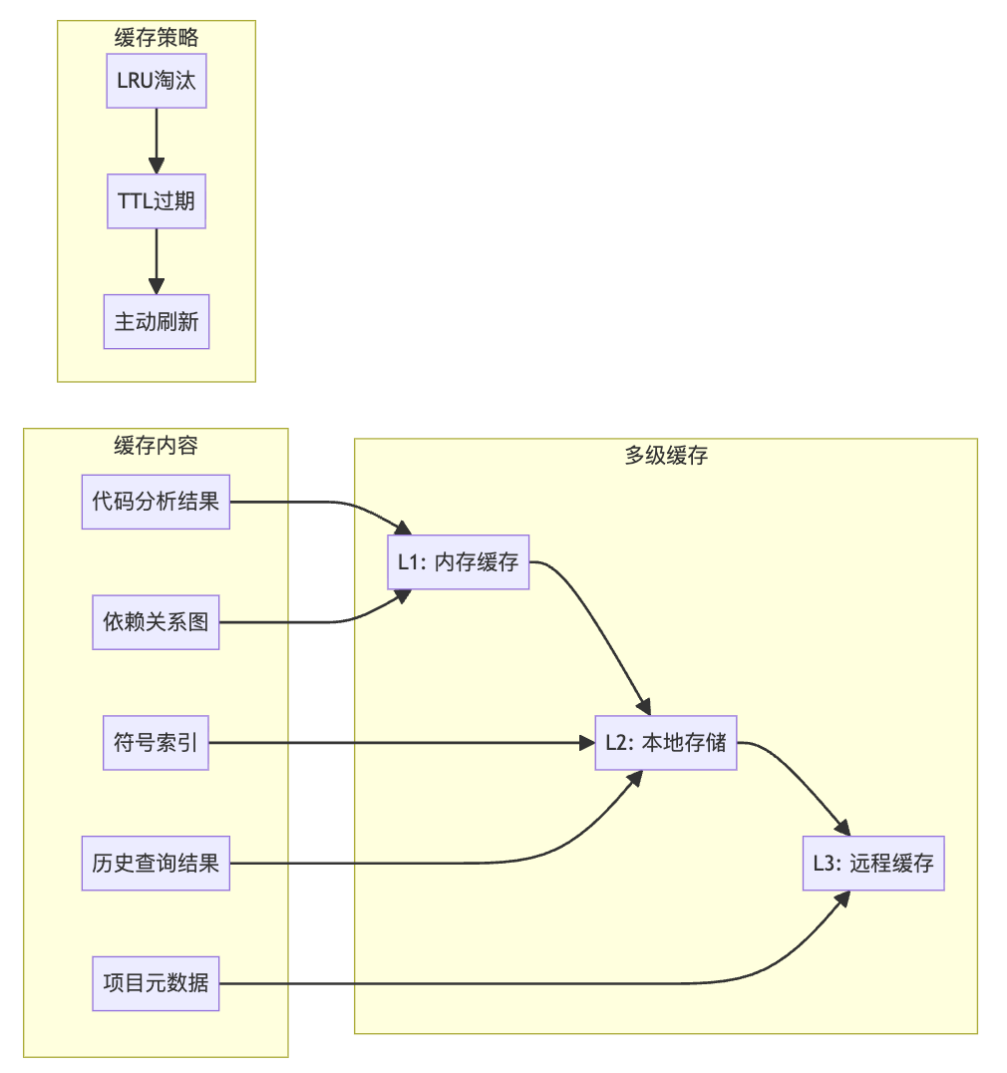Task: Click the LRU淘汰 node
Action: click(157, 82)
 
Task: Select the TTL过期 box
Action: click(157, 202)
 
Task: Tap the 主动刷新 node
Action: click(157, 322)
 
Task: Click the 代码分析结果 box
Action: click(156, 502)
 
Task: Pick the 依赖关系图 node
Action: click(156, 622)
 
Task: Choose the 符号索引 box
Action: click(156, 743)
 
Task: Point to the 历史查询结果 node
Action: click(156, 864)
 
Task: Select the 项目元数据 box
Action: click(156, 983)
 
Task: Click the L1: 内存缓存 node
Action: click(458, 562)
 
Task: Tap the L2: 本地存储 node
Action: click(665, 743)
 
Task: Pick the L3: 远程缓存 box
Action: click(872, 864)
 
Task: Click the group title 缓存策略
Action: click(157, 37)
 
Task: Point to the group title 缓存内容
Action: click(156, 445)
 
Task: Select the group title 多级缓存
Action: click(665, 456)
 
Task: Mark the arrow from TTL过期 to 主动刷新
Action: click(157, 262)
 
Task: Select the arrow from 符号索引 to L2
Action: click(399, 743)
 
